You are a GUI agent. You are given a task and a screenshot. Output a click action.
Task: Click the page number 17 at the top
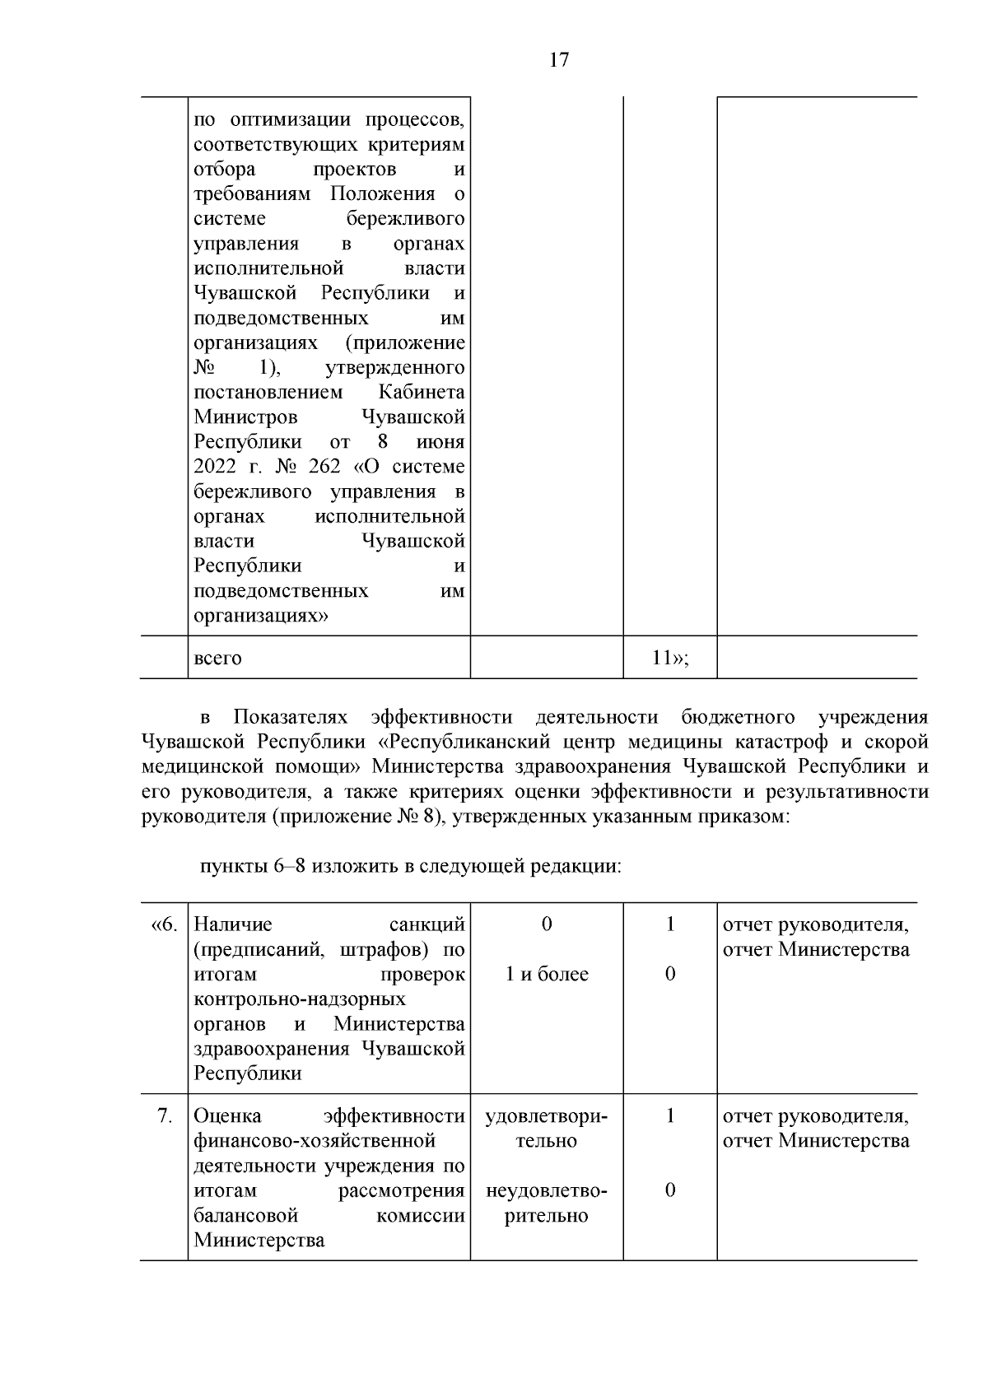tap(558, 61)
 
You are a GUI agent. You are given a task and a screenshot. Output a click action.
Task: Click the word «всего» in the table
tap(217, 659)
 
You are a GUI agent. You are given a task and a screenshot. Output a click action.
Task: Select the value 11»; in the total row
tap(669, 658)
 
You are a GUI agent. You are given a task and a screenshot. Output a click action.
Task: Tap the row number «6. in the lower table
tap(164, 924)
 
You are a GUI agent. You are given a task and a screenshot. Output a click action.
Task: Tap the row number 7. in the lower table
tap(165, 1116)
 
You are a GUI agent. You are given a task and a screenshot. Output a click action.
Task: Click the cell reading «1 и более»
tap(547, 975)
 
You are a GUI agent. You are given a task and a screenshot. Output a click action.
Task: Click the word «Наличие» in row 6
tap(233, 924)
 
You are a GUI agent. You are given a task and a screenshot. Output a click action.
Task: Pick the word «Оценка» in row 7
tap(227, 1116)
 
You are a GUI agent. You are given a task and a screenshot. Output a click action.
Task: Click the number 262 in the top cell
tap(324, 467)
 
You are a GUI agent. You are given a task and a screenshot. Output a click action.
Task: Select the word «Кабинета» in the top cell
tap(422, 393)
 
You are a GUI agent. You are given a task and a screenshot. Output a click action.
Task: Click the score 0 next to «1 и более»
tap(670, 975)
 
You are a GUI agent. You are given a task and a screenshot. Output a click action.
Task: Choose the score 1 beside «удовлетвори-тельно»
tap(670, 1116)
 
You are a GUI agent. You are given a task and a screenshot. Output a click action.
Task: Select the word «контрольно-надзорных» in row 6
tap(300, 999)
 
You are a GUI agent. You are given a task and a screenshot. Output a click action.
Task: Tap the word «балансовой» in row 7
tap(245, 1216)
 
